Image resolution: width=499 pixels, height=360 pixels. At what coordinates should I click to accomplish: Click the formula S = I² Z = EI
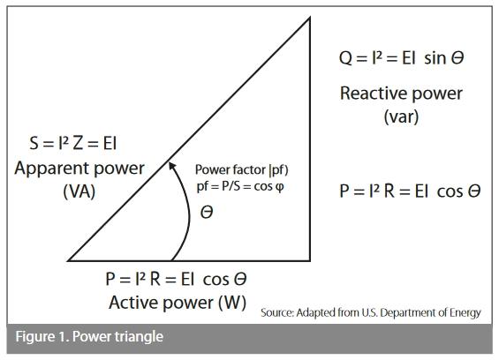click(74, 143)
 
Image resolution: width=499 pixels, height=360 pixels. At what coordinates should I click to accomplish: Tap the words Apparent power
click(79, 168)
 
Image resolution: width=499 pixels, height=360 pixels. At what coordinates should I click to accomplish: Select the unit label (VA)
click(79, 191)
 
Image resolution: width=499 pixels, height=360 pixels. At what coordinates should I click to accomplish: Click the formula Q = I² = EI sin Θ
click(401, 58)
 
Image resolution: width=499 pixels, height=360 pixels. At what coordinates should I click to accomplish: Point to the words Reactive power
click(401, 93)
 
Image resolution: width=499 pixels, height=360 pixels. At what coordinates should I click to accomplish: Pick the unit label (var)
click(401, 116)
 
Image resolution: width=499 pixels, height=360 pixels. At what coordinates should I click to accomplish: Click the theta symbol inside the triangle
click(207, 213)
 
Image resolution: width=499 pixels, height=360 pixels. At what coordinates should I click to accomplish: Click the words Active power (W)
click(177, 303)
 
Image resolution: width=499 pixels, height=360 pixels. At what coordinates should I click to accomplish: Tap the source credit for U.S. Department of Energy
click(371, 312)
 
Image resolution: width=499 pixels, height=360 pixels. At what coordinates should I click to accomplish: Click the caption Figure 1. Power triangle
click(88, 337)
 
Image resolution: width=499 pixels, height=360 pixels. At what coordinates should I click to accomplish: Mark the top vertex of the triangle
click(310, 17)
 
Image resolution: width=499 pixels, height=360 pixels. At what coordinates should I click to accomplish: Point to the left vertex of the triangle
click(69, 260)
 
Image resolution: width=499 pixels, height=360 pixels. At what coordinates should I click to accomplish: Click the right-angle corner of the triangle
click(310, 260)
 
